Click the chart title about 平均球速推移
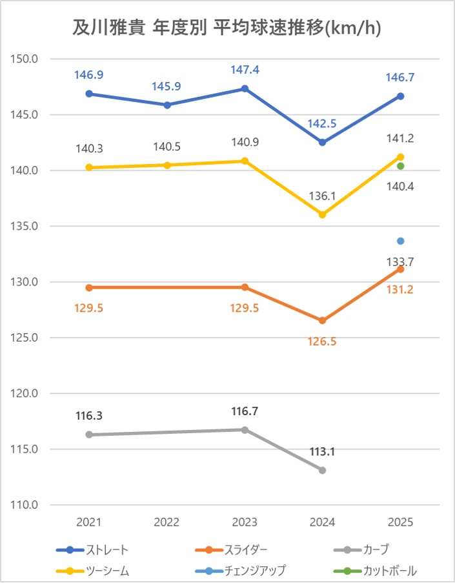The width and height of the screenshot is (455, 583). [227, 28]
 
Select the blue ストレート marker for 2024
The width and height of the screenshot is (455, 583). [323, 142]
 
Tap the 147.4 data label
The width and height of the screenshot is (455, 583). [245, 70]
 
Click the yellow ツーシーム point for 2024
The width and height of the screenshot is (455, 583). [323, 214]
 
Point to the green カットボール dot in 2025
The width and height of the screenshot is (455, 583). [400, 167]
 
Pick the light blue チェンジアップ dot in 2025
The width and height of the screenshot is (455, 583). [400, 241]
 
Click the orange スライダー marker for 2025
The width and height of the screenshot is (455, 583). [400, 269]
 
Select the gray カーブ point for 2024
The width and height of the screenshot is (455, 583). [323, 470]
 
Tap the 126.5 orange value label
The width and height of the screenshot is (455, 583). [323, 342]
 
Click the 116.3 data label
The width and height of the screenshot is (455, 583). [89, 416]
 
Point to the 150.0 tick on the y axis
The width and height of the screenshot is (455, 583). [26, 59]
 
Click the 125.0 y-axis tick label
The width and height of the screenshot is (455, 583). [26, 338]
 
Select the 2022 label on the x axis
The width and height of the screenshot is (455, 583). [167, 522]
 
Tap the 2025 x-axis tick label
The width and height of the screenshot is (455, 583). [400, 522]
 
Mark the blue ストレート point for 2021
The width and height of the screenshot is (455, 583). [89, 94]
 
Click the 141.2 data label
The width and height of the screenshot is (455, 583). [400, 138]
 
